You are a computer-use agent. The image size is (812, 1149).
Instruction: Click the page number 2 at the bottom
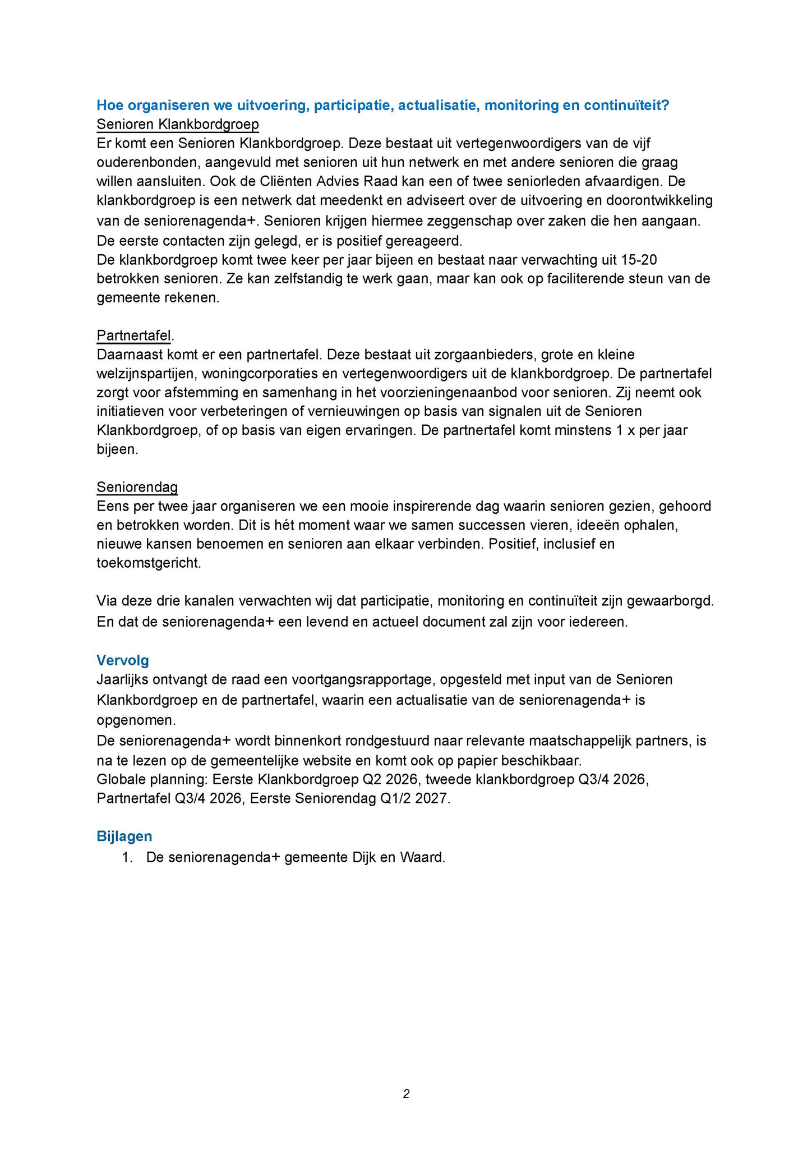tap(406, 1093)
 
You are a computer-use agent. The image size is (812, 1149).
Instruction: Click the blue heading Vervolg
tap(122, 660)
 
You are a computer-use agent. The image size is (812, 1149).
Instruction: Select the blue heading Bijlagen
tap(124, 836)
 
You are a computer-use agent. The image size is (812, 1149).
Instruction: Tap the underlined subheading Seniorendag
tap(137, 486)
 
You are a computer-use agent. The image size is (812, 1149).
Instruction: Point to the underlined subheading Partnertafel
tap(133, 335)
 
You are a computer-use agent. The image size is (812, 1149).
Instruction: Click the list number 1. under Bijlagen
tap(127, 858)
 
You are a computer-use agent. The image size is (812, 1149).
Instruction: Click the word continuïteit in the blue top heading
tap(626, 105)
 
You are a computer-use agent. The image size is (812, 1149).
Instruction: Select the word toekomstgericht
tap(149, 563)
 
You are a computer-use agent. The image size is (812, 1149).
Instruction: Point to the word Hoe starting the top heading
tap(109, 105)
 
